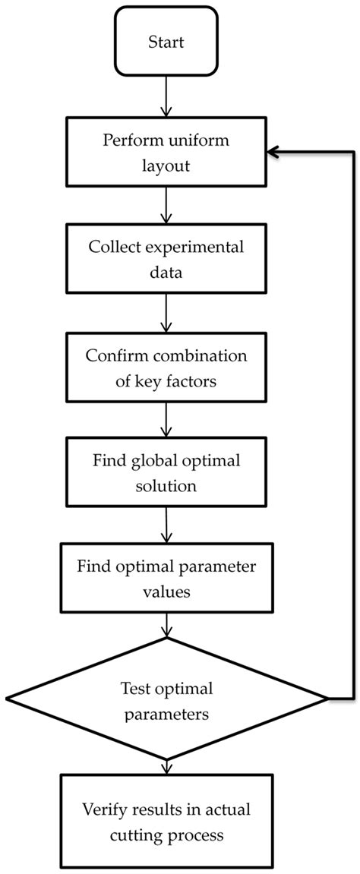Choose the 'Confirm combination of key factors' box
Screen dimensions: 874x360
(166, 368)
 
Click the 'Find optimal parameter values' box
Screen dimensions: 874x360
(166, 579)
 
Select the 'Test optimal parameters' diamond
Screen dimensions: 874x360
(166, 700)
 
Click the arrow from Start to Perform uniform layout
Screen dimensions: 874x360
(166, 96)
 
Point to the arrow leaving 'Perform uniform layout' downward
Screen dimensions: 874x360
(166, 205)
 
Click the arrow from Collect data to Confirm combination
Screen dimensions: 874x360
(166, 314)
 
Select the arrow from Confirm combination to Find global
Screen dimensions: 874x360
(166, 421)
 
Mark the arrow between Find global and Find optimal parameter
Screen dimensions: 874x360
(166, 526)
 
